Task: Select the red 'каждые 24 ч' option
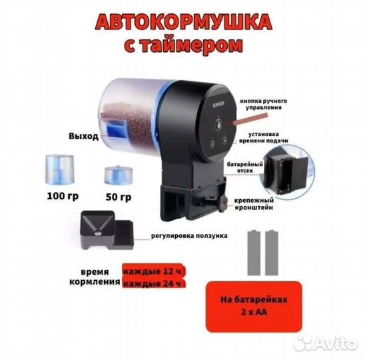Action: (x=153, y=283)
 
